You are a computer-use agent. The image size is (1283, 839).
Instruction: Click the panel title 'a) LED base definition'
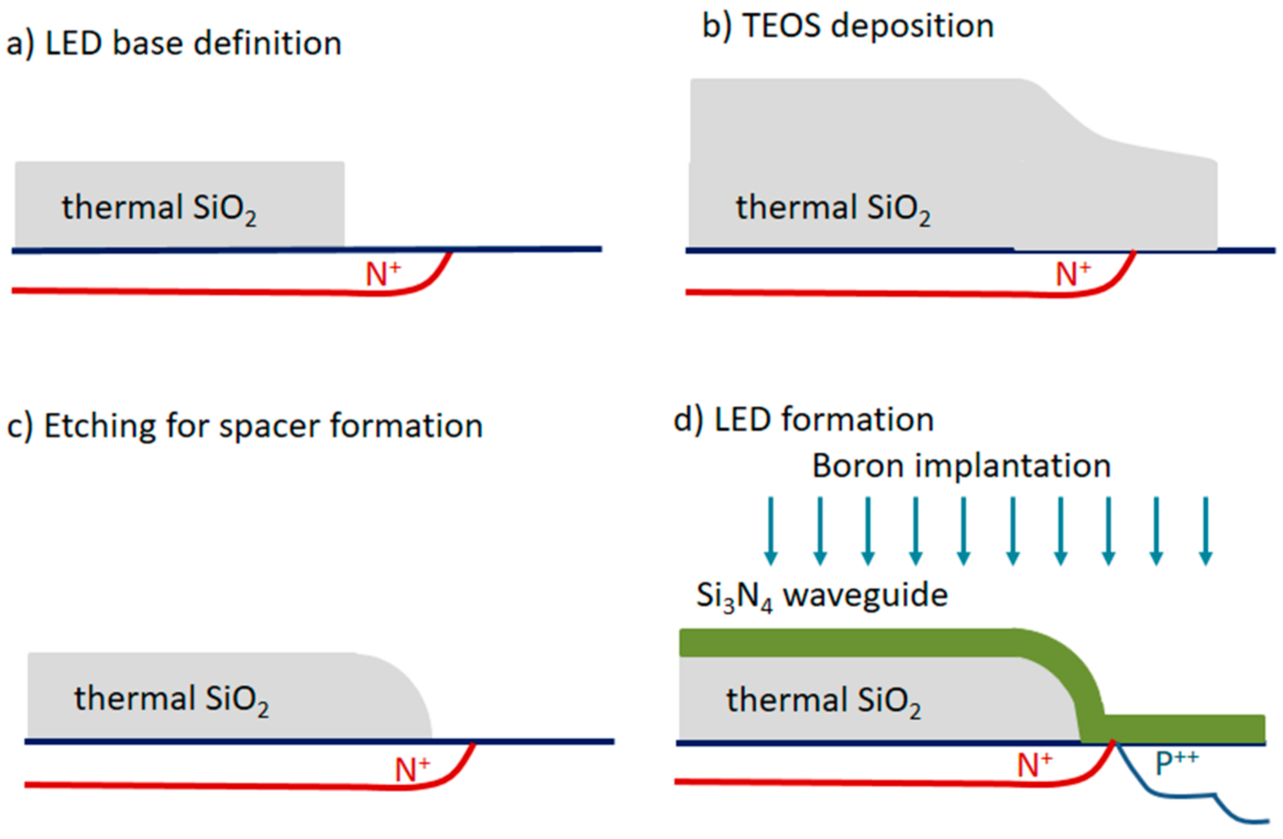pos(174,43)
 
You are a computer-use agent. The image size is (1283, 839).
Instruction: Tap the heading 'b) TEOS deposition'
pos(848,26)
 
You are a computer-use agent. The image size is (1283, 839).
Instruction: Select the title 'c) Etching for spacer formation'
pos(245,426)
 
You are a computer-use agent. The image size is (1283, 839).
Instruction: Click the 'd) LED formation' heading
pos(804,420)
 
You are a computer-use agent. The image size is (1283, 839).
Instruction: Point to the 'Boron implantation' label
pos(961,466)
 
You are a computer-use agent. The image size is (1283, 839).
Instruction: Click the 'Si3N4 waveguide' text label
pos(822,596)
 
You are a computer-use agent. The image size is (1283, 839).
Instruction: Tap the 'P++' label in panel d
pos(1176,762)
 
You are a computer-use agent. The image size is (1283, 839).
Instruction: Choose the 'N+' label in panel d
pos(1034,765)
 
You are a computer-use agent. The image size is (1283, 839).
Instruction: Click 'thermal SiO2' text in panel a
pos(159,209)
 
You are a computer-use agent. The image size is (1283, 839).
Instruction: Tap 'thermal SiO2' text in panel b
pos(833,209)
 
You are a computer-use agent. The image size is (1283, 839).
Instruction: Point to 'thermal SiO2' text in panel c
pos(172,699)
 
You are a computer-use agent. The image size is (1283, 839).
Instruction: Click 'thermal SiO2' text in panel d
pos(824,701)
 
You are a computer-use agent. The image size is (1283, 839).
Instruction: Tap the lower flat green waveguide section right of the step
pos(1183,728)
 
